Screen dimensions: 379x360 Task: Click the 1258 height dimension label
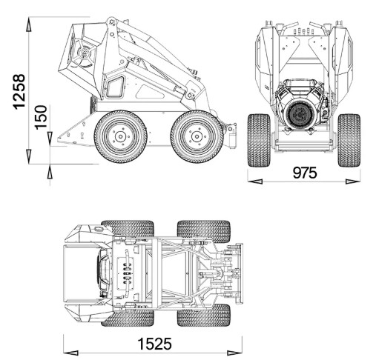coord(19,92)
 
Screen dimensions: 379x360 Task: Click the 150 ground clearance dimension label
coord(41,117)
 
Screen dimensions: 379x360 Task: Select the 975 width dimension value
coord(305,173)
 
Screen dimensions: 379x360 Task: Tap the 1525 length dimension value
coord(154,344)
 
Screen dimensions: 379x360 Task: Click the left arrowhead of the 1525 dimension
coord(70,353)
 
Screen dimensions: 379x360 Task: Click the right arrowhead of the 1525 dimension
coord(234,353)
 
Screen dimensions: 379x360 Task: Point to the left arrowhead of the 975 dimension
coord(255,181)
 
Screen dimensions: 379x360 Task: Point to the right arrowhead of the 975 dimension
coord(353,181)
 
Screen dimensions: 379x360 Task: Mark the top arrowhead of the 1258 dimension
coord(29,24)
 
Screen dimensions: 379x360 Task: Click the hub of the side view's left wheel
coord(120,136)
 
